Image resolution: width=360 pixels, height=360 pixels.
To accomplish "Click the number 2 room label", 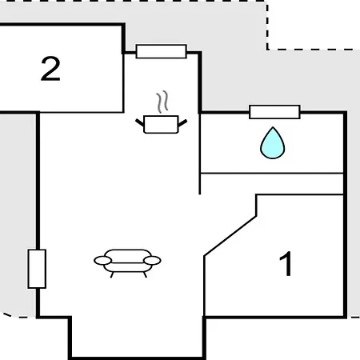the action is [x=50, y=69].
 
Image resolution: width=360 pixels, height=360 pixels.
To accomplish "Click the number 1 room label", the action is [x=286, y=264].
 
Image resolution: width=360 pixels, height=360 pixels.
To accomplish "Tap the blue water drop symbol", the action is [x=273, y=143].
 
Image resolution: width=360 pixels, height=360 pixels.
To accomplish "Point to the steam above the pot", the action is [x=162, y=102].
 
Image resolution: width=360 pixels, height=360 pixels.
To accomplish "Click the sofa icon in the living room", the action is [x=127, y=263].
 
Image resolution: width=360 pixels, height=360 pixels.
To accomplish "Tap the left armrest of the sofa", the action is [x=102, y=261].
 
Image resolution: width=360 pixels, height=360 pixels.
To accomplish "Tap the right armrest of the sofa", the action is [x=152, y=260].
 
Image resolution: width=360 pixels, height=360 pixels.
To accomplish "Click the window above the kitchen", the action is [x=161, y=51].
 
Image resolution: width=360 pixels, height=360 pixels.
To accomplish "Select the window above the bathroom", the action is [x=274, y=112].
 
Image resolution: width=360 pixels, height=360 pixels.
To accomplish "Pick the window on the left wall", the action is [x=37, y=269].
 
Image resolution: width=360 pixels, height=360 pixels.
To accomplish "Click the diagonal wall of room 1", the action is [x=230, y=236].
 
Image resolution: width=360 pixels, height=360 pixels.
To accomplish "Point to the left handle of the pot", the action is [x=140, y=122].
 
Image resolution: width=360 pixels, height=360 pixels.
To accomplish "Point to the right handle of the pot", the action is [x=182, y=123].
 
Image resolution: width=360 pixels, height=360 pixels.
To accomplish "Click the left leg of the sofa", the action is [x=112, y=274].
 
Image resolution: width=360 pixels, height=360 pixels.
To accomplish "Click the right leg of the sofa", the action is [x=145, y=274].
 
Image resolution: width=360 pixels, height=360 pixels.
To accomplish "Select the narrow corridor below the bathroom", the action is [x=271, y=184].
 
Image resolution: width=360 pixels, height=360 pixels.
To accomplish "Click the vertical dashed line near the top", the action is [x=267, y=26].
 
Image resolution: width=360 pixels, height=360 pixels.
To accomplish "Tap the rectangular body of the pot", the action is [x=161, y=124].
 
